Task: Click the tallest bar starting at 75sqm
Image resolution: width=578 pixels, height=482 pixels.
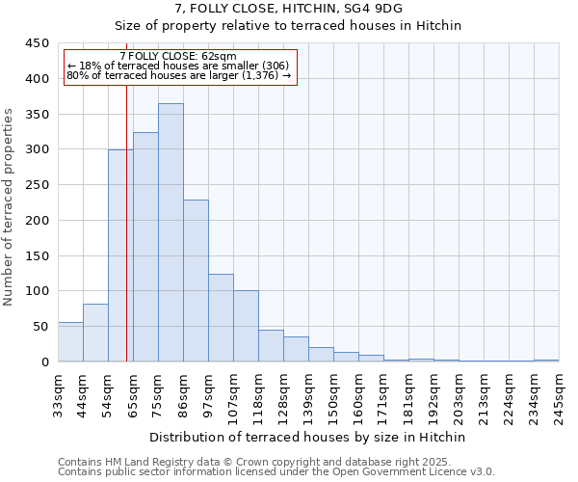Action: [x=171, y=232]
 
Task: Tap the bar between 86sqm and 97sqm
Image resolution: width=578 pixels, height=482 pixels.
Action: [x=196, y=281]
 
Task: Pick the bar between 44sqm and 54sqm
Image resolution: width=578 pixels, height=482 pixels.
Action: [x=95, y=333]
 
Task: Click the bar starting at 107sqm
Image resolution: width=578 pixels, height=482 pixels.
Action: [x=246, y=326]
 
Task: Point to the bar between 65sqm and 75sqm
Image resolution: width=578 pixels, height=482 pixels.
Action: [x=145, y=247]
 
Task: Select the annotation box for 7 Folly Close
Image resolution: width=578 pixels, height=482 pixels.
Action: [x=179, y=67]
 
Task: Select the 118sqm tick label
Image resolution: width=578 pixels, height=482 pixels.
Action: [x=259, y=397]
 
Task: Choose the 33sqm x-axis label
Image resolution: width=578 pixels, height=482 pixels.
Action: [x=59, y=397]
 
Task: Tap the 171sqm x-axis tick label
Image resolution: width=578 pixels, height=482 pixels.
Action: [x=384, y=397]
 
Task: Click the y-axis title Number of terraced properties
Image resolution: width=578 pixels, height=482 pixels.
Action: [x=10, y=207]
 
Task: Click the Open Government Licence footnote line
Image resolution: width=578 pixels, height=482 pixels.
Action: [x=276, y=472]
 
